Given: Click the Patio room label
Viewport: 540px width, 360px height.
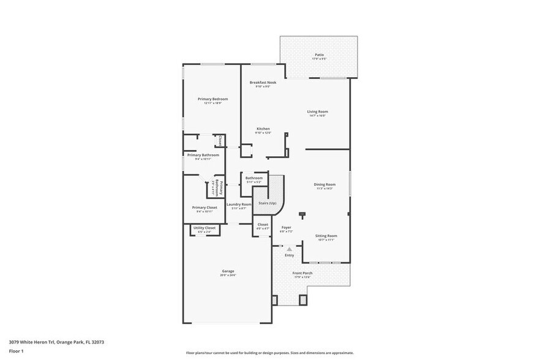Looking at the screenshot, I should [319, 54].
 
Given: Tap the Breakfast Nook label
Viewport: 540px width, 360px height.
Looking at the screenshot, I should [263, 82].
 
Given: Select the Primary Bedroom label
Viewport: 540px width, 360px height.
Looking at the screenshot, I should [212, 99].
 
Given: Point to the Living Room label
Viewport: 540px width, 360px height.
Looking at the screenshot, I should [318, 111].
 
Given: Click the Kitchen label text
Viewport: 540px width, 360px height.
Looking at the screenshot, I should [263, 129].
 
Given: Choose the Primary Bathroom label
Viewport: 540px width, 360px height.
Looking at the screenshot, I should [203, 156].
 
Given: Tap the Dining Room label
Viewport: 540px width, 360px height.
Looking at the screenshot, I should [324, 184].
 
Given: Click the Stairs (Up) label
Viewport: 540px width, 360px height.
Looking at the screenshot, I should [268, 203].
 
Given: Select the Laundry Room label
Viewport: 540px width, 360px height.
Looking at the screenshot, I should [239, 204].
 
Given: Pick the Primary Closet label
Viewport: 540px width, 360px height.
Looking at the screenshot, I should [204, 208].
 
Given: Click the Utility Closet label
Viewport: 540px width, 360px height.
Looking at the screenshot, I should [204, 228].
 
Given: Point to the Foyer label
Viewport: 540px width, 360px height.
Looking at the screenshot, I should [286, 227].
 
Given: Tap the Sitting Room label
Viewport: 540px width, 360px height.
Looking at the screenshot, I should [326, 236].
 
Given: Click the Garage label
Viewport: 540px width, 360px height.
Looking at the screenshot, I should [228, 271].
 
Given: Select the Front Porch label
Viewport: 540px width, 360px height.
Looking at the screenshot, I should [302, 273].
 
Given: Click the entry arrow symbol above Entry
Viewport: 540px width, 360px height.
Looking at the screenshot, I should [290, 249].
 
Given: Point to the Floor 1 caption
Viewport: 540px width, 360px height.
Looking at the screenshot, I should [17, 351].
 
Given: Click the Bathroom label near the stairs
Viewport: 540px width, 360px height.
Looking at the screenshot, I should [253, 178].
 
